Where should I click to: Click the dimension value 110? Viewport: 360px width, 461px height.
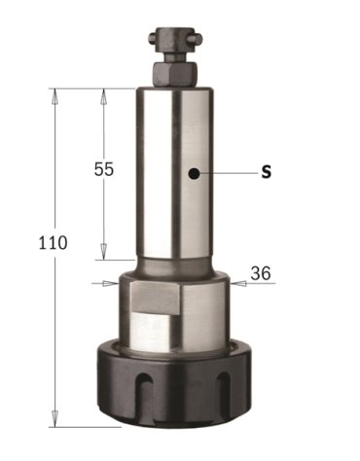pos(54,242)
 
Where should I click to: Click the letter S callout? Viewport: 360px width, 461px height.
pos(267,173)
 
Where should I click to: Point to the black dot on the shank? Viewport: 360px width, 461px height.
pos(196,174)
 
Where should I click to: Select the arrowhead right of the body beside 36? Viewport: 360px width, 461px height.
pos(235,283)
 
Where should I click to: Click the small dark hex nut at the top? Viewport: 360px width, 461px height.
pos(175,71)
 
